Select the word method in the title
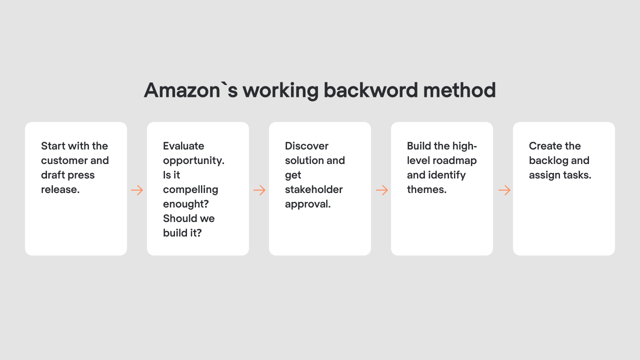point(459,90)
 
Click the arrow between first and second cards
point(137,190)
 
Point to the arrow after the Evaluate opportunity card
point(259,190)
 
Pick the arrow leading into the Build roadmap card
point(381,190)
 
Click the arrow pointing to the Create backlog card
point(504,190)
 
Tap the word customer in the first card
point(64,160)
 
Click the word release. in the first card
point(60,189)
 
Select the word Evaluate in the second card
point(183,146)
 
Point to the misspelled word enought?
point(185,204)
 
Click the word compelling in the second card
point(190,189)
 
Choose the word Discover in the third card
point(306,146)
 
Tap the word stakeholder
point(313,189)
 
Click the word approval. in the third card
point(307,204)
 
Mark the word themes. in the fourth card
point(426,189)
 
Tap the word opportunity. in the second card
point(193,160)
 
